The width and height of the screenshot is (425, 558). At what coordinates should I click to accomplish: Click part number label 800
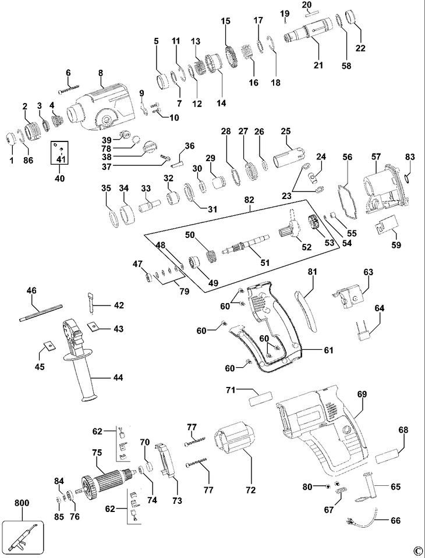(x=22, y=503)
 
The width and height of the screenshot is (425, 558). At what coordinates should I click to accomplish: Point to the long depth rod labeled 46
(x=41, y=312)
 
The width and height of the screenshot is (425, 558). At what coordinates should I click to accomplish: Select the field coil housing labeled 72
(x=233, y=437)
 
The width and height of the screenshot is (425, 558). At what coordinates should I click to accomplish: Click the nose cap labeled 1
(x=12, y=139)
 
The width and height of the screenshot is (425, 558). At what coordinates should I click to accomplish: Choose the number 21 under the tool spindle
(x=318, y=65)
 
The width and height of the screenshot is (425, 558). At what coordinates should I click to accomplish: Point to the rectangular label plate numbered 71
(x=261, y=398)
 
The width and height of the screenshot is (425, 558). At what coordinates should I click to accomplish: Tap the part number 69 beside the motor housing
(x=362, y=394)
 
